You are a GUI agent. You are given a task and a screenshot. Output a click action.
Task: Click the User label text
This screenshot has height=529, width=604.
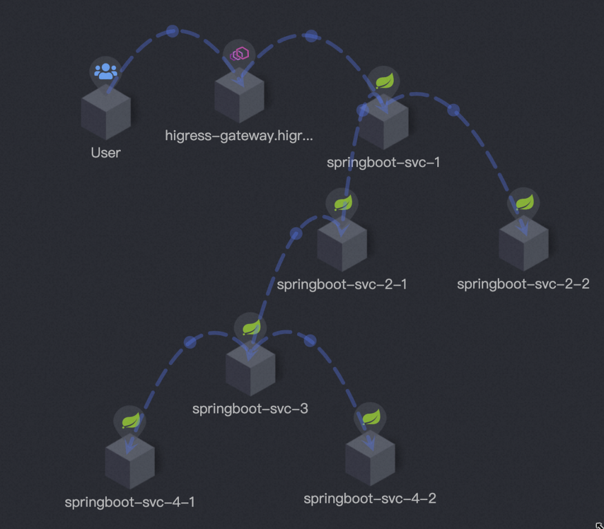[106, 152]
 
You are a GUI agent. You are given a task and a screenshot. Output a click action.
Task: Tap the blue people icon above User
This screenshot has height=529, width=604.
[105, 71]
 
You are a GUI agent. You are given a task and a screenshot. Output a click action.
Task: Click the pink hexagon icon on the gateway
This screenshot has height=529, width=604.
[239, 54]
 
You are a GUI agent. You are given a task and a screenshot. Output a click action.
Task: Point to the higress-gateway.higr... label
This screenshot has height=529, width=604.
[239, 135]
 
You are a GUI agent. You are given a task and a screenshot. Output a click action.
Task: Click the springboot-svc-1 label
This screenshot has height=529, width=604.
[384, 163]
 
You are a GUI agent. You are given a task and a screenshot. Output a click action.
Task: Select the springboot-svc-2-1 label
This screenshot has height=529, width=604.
[342, 284]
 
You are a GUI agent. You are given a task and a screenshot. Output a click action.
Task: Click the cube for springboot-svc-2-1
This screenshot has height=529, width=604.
[342, 246]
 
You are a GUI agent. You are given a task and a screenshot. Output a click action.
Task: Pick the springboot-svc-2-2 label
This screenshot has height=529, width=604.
[523, 284]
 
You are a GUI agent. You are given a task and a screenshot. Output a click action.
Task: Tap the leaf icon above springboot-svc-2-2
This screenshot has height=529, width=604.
[524, 202]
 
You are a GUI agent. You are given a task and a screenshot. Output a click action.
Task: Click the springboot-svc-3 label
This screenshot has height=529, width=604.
[250, 408]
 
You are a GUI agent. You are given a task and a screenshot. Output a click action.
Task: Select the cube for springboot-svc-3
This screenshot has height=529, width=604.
[250, 370]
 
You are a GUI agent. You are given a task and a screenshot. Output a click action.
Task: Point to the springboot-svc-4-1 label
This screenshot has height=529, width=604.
[130, 502]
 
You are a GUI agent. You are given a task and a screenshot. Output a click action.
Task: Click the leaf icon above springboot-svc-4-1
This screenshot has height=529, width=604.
[130, 420]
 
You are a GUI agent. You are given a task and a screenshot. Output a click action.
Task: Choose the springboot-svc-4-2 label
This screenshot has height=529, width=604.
[370, 498]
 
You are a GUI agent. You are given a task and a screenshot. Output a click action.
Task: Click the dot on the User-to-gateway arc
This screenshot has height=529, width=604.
[172, 31]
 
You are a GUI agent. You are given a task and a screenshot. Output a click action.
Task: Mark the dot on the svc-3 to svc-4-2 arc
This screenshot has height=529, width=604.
[310, 340]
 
